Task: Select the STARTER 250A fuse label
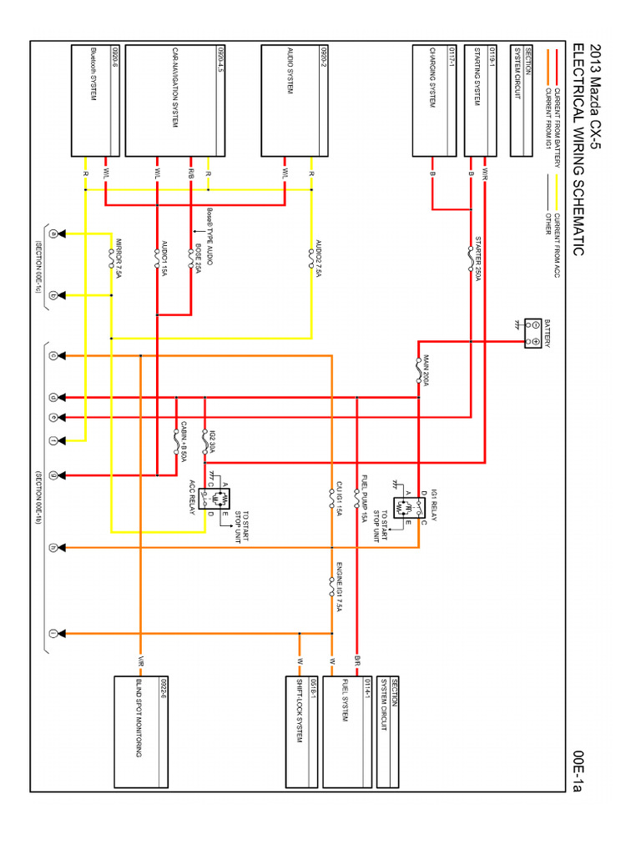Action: [477, 259]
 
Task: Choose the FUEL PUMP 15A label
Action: [364, 498]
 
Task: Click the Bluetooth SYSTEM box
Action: [93, 101]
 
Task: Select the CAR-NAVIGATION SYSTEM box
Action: [175, 101]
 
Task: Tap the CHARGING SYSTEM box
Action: [433, 101]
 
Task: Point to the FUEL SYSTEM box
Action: [346, 731]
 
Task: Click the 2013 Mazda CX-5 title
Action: [594, 93]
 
